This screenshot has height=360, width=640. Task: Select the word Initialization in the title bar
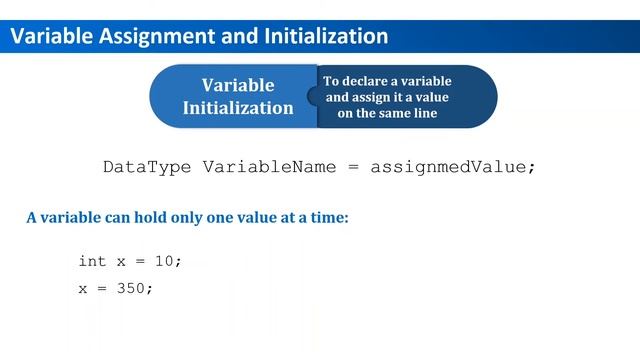pos(326,37)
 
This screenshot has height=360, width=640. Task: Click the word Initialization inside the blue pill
pos(238,107)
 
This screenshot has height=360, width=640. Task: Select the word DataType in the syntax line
pos(149,167)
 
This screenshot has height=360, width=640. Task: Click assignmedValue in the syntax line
pos(453,167)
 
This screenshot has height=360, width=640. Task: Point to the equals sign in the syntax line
pos(353,167)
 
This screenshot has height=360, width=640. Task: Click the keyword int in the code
pos(92,261)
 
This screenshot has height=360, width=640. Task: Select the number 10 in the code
pos(164,261)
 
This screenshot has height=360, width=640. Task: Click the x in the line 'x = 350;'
pos(83,288)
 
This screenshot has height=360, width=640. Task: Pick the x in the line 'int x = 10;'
pos(122,261)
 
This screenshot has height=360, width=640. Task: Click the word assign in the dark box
pos(372,97)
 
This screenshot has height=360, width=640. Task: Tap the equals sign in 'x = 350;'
pos(103,288)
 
